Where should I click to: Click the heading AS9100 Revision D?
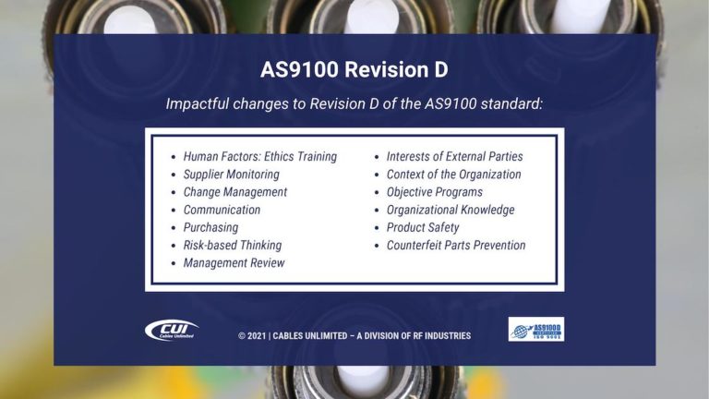[354, 70]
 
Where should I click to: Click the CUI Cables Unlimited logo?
[172, 330]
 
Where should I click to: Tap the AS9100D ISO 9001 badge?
[535, 330]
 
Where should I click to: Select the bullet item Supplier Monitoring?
[231, 175]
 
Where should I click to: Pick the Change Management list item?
[234, 192]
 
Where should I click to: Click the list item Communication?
[222, 210]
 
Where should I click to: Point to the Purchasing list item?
[210, 227]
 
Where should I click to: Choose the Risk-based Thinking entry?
[232, 245]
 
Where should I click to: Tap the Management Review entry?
[234, 263]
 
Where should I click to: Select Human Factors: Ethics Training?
[259, 157]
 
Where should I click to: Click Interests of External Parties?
[454, 157]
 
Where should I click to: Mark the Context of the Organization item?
[453, 175]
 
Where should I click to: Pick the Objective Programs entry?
[434, 192]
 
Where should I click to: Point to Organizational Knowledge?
[451, 210]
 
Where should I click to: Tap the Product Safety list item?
[423, 227]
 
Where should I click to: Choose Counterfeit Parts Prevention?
[456, 245]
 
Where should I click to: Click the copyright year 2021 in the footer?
[258, 335]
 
